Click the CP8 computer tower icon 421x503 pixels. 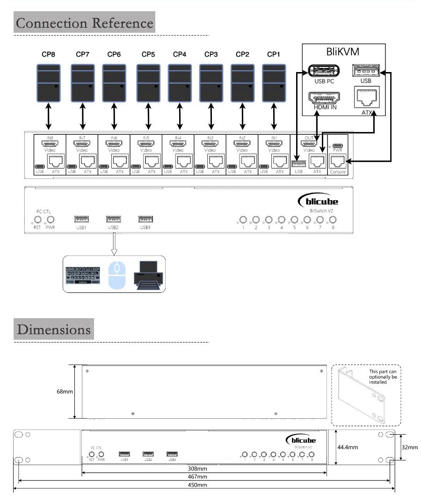(48, 83)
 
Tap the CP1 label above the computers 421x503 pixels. (274, 55)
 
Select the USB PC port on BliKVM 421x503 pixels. (324, 71)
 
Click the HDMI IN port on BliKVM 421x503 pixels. (324, 98)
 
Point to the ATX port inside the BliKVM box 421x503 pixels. (367, 98)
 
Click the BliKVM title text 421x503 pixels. (343, 51)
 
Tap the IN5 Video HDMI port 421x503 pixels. (146, 144)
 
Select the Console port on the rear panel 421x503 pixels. (337, 161)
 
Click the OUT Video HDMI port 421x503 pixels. (309, 144)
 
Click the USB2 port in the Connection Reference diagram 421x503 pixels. (113, 219)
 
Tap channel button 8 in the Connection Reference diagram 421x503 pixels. (333, 219)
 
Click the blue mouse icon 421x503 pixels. (117, 274)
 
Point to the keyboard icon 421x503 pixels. (83, 275)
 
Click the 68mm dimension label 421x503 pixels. (65, 391)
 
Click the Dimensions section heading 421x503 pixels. (54, 329)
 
